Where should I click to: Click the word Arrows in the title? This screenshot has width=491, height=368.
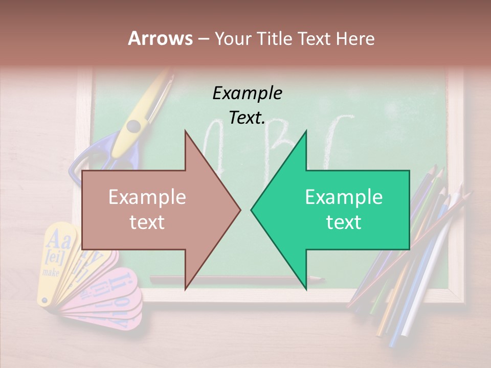coord(161,38)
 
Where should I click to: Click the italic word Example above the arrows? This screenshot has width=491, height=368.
coord(247,93)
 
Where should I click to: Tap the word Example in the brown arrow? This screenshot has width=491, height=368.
coord(147,197)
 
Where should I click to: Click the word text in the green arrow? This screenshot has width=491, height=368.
coord(344,222)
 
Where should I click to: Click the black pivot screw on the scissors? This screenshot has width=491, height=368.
coord(134,125)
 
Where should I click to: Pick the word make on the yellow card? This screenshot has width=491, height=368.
coord(51,272)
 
